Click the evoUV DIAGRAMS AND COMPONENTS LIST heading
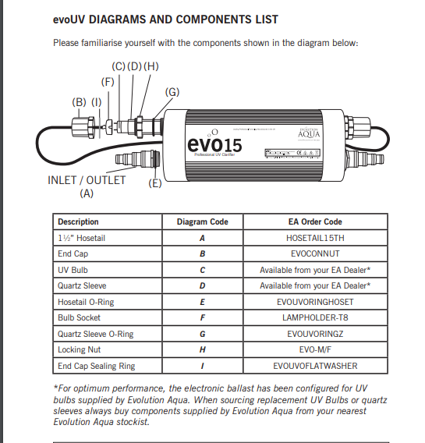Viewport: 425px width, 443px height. point(165,19)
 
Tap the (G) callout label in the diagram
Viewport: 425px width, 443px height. point(172,92)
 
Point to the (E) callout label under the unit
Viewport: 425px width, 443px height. point(155,183)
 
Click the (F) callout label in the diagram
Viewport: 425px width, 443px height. point(108,81)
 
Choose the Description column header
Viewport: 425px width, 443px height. point(79,221)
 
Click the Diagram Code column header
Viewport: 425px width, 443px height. point(202,221)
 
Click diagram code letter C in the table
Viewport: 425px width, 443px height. point(202,270)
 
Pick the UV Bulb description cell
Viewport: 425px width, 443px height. point(73,270)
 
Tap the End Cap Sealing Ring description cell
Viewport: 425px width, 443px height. point(96,366)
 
